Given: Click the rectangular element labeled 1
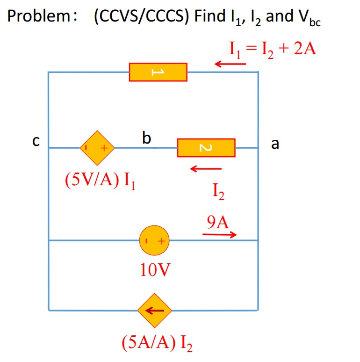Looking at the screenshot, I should [x=158, y=72].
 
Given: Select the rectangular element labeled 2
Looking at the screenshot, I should [x=206, y=148].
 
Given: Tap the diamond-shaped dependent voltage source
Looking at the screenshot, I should [x=97, y=148].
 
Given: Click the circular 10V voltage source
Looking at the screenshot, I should [x=154, y=241].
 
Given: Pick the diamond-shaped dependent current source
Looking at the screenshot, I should [x=154, y=310].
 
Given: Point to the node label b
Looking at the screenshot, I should [x=147, y=138].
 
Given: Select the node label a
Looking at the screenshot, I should [x=275, y=144].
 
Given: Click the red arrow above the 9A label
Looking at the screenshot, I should [x=220, y=234].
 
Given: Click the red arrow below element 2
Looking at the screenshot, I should [x=206, y=168].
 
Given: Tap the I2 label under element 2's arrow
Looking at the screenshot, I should [x=218, y=190].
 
